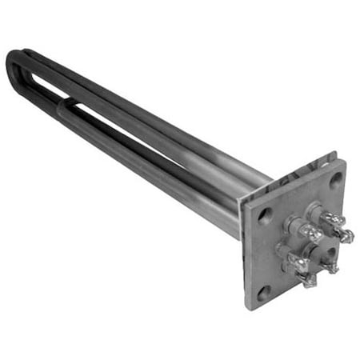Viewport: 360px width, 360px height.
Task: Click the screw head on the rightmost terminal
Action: point(346,235)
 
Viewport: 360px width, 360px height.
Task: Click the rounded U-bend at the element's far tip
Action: point(11,64)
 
